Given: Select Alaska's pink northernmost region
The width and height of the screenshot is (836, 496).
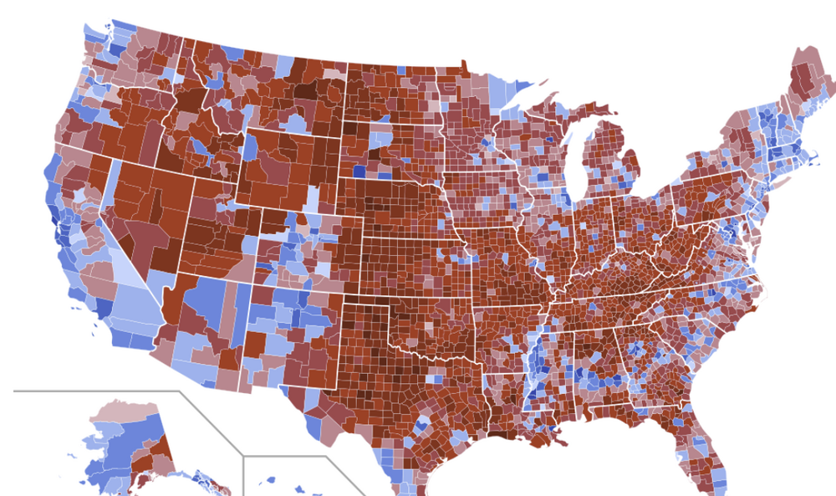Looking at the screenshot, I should pyautogui.click(x=121, y=411).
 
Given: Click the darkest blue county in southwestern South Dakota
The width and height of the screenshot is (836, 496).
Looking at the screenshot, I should pyautogui.click(x=359, y=171).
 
